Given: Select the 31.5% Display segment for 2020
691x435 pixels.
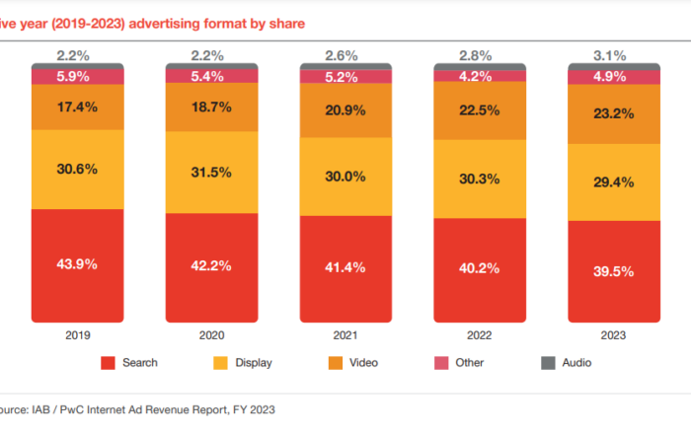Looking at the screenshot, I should click(x=211, y=172).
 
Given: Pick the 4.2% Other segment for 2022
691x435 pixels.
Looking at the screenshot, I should click(x=481, y=75).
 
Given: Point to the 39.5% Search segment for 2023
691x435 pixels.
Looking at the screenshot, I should click(x=615, y=271).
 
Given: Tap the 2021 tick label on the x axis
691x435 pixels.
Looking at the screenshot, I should click(x=345, y=334).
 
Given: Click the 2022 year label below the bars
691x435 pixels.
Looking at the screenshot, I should click(x=481, y=334).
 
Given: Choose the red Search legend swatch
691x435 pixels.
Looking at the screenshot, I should click(x=108, y=364).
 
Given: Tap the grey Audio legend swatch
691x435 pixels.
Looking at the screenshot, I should click(x=548, y=364).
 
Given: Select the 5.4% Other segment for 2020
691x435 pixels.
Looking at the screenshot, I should click(x=211, y=75).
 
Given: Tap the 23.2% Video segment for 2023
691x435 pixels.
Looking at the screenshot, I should click(x=615, y=113).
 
